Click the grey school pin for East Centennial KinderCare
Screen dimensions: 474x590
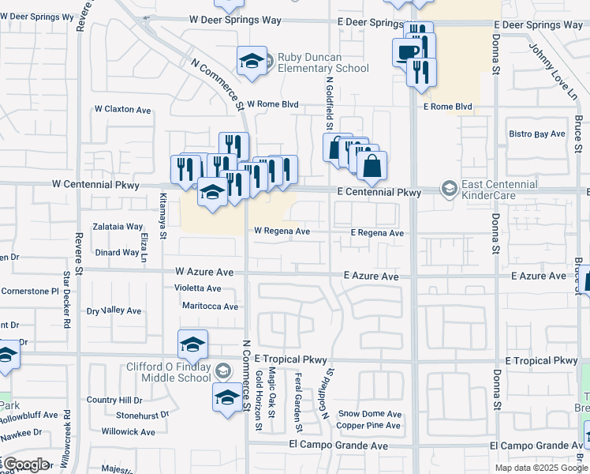coord(449,188)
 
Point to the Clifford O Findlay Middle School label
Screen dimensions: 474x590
coord(169,372)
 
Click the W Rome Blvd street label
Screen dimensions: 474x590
coord(273,104)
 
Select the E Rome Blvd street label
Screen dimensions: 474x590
coord(447,107)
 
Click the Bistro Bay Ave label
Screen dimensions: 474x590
coord(537,134)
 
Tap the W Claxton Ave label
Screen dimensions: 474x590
coord(122,110)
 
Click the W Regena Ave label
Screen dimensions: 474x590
coord(282,231)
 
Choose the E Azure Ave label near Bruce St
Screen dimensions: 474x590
coord(538,276)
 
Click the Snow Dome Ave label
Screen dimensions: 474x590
coord(370,414)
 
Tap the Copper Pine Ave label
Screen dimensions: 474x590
coord(368,426)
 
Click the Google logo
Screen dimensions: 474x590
coord(25,464)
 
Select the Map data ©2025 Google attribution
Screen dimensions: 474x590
coord(541,468)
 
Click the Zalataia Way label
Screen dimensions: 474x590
coord(118,226)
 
